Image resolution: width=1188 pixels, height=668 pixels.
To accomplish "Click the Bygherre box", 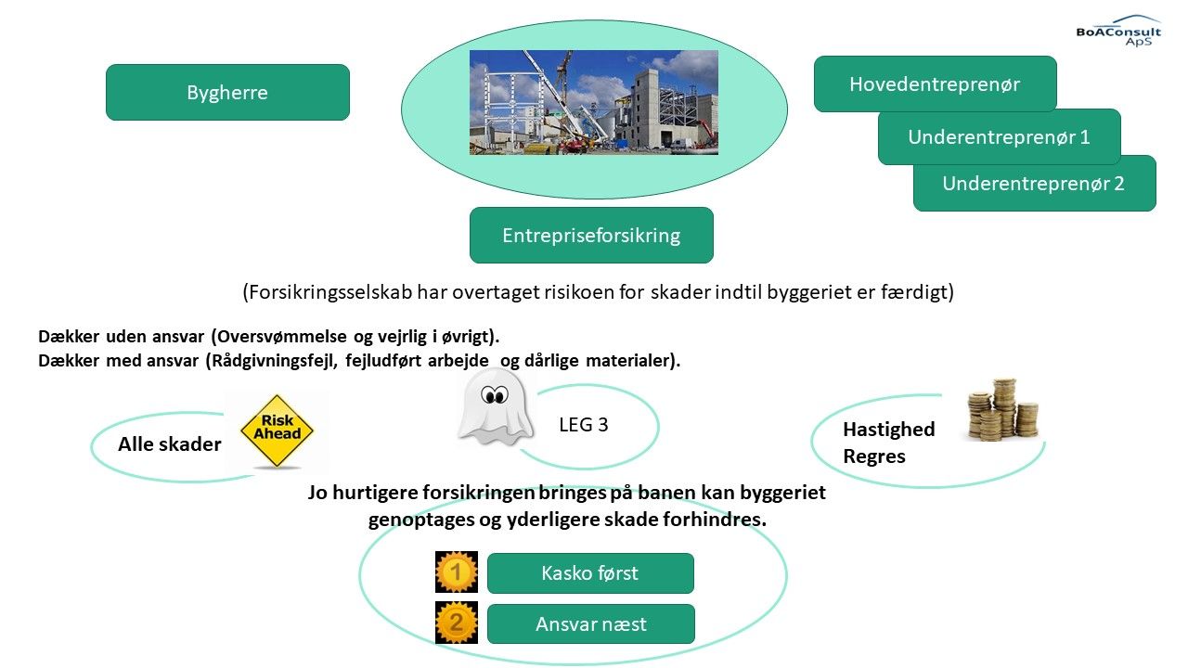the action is (x=227, y=92).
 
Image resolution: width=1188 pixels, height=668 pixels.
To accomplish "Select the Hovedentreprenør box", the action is (x=935, y=83).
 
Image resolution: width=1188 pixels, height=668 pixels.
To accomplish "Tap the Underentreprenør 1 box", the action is (x=1000, y=136).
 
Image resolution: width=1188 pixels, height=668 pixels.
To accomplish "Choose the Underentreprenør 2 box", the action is (x=1034, y=184).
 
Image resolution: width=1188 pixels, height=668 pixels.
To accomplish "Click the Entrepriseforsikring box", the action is (x=591, y=235).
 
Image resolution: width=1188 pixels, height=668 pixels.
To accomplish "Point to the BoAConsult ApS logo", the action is (x=1118, y=31).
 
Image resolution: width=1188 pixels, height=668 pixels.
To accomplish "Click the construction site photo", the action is (x=594, y=102).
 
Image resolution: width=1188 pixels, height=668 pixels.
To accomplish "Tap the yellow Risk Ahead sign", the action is (x=277, y=431).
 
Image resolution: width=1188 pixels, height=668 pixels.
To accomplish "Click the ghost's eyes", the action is (x=494, y=395).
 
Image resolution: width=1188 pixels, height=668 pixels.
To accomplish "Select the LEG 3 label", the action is (x=584, y=425).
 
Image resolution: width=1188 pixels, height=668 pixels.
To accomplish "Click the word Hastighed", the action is (x=889, y=430).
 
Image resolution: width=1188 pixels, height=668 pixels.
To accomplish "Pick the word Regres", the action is (x=874, y=456).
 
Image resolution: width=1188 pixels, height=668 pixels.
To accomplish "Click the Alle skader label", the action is (x=169, y=444).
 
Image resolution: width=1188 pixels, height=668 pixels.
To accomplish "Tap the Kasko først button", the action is (x=590, y=573).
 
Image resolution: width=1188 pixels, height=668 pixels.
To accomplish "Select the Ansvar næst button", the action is (x=591, y=624).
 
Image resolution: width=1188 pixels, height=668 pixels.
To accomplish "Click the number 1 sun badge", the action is (x=456, y=572).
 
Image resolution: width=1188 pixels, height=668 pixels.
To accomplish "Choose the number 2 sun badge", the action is (x=456, y=623).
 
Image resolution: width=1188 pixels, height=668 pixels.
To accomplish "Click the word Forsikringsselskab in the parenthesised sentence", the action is (x=329, y=292).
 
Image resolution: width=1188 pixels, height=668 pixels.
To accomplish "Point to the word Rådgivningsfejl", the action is (x=274, y=361).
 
